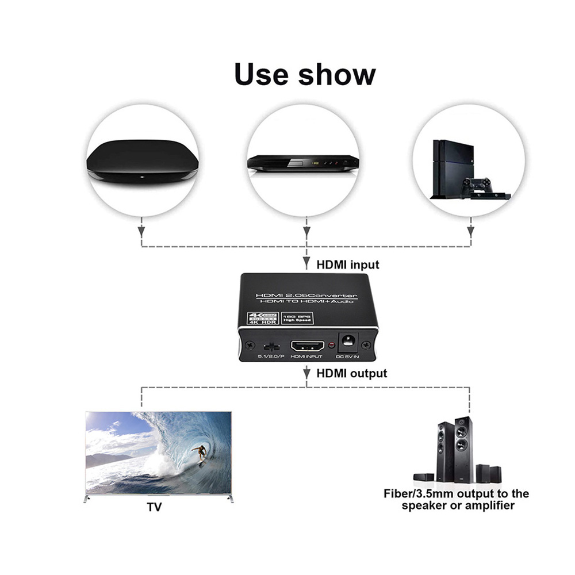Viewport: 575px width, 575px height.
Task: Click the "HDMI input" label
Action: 348,265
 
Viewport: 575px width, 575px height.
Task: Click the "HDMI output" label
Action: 352,373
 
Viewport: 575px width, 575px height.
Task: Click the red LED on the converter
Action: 332,346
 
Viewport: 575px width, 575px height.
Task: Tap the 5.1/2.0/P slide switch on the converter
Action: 268,347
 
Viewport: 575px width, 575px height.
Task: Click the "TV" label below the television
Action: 154,507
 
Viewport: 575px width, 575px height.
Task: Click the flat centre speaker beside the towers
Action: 424,477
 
